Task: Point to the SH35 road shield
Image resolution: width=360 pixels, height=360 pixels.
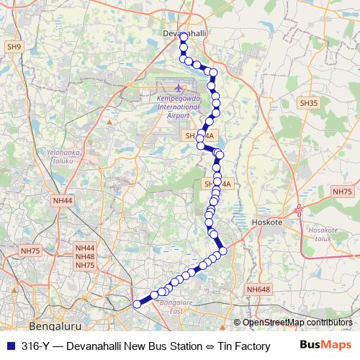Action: click(309, 103)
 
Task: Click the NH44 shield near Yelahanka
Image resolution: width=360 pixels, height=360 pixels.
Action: click(63, 200)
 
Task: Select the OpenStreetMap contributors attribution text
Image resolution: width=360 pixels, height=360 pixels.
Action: click(297, 322)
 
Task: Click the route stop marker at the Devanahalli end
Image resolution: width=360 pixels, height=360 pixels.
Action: click(183, 36)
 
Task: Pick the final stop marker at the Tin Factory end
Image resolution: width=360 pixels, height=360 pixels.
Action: click(137, 304)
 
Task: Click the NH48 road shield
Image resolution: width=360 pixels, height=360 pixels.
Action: click(85, 256)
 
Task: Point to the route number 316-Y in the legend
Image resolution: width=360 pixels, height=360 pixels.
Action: click(35, 346)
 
